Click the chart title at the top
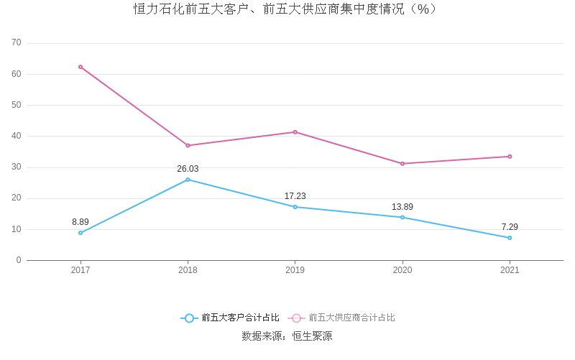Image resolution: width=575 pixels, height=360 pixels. pyautogui.click(x=286, y=9)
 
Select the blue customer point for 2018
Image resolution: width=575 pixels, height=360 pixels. pyautogui.click(x=188, y=180)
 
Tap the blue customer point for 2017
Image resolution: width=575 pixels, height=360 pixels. pyautogui.click(x=80, y=233)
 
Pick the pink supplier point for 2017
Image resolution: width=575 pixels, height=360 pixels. pyautogui.click(x=80, y=67)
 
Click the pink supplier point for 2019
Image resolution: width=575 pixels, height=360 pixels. pyautogui.click(x=295, y=132)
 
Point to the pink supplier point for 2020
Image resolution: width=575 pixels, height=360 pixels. pyautogui.click(x=402, y=164)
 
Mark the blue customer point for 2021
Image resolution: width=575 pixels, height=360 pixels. pyautogui.click(x=510, y=238)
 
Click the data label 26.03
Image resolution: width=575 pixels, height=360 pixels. pyautogui.click(x=188, y=169)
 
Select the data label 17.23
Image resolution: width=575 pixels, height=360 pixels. pyautogui.click(x=295, y=196)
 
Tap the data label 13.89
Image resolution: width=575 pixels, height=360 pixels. pyautogui.click(x=402, y=207)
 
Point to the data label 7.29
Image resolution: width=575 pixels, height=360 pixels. pyautogui.click(x=510, y=227)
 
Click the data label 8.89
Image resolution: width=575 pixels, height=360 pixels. pyautogui.click(x=80, y=222)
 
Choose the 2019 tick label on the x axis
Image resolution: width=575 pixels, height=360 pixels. pyautogui.click(x=295, y=270)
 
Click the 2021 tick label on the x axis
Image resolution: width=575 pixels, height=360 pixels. pyautogui.click(x=510, y=270)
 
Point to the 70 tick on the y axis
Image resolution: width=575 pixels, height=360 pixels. pyautogui.click(x=17, y=43)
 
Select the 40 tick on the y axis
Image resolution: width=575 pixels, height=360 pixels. pyautogui.click(x=17, y=136)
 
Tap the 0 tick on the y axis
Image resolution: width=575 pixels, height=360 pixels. pyautogui.click(x=19, y=260)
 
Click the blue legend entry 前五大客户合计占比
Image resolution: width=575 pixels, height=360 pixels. pyautogui.click(x=230, y=318)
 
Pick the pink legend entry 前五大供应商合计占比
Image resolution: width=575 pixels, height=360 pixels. pyautogui.click(x=342, y=318)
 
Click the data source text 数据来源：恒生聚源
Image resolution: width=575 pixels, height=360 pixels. pyautogui.click(x=287, y=336)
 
